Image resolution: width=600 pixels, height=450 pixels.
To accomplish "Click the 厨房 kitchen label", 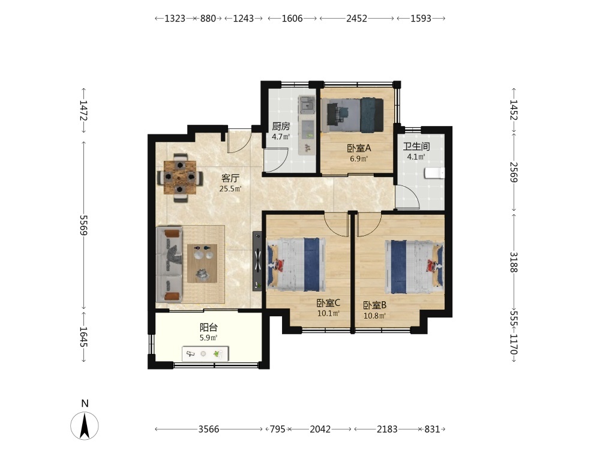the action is [281, 126].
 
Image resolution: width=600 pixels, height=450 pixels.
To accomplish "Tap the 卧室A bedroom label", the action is [359, 148].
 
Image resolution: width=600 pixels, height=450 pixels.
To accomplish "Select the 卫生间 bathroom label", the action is [416, 146].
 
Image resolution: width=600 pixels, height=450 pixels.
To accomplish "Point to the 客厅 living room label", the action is [230, 178].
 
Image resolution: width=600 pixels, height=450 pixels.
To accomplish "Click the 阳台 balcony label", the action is [209, 328].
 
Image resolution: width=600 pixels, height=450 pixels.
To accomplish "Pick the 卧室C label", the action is [328, 303].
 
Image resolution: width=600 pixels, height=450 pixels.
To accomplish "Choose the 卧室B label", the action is [374, 305].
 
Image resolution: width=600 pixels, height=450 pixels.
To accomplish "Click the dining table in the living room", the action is [180, 178].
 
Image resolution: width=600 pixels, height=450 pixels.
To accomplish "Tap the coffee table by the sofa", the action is [202, 263].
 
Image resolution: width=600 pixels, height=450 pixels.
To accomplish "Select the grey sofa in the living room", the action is [169, 264].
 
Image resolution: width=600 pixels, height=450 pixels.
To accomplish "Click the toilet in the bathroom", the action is [434, 173].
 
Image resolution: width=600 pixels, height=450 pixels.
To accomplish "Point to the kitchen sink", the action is [307, 104].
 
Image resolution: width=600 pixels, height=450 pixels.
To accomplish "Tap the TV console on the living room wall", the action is [257, 261].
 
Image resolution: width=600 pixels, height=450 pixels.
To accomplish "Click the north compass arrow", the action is [85, 426].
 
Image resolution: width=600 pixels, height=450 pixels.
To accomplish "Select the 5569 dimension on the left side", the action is [83, 226].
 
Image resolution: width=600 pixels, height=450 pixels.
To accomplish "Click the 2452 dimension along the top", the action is [356, 19].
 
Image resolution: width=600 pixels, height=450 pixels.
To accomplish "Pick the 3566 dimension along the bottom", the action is [209, 430].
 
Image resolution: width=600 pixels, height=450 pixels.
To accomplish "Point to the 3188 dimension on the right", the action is [514, 262].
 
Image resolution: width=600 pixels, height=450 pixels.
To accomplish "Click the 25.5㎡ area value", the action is [230, 188].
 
